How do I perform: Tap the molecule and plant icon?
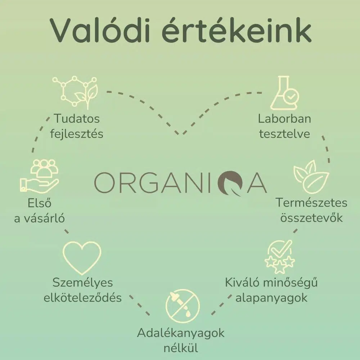click(75, 92)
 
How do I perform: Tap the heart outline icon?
click(82, 258)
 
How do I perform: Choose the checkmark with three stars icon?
click(280, 257)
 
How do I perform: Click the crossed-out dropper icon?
click(183, 306)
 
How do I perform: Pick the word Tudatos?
click(77, 119)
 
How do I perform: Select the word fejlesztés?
click(77, 134)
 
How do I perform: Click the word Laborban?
click(284, 119)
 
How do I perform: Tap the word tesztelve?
click(285, 134)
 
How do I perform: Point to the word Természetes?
click(311, 203)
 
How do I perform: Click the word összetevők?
click(311, 218)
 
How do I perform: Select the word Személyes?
click(83, 283)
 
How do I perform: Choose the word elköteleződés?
click(83, 298)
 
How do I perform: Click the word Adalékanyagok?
click(181, 333)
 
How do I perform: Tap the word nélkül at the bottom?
click(181, 348)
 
